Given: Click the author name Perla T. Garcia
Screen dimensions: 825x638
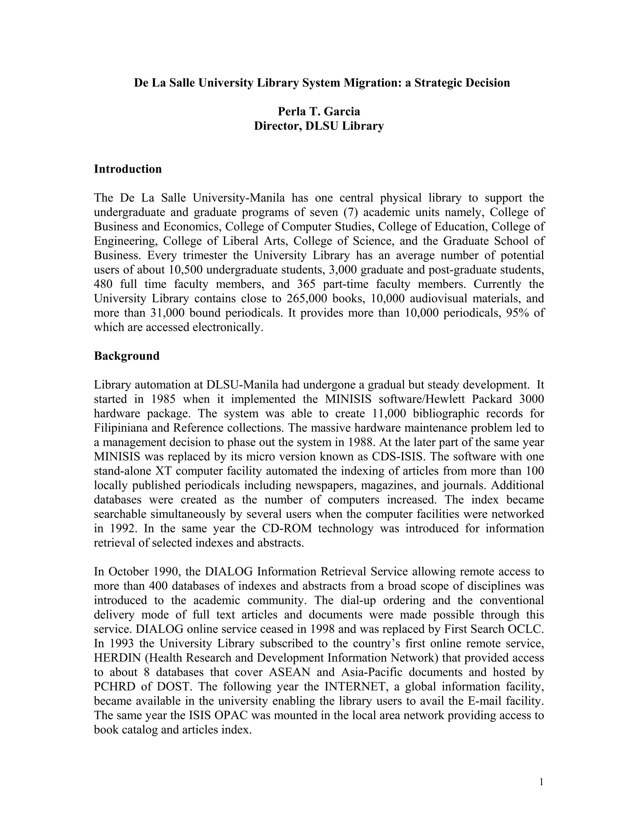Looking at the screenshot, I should [319, 111].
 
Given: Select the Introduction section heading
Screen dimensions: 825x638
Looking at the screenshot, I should [128, 169].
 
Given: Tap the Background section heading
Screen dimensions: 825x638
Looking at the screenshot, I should [126, 356].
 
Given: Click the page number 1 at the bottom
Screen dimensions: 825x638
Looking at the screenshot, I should [541, 782].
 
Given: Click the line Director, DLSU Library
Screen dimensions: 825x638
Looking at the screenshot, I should [319, 126].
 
